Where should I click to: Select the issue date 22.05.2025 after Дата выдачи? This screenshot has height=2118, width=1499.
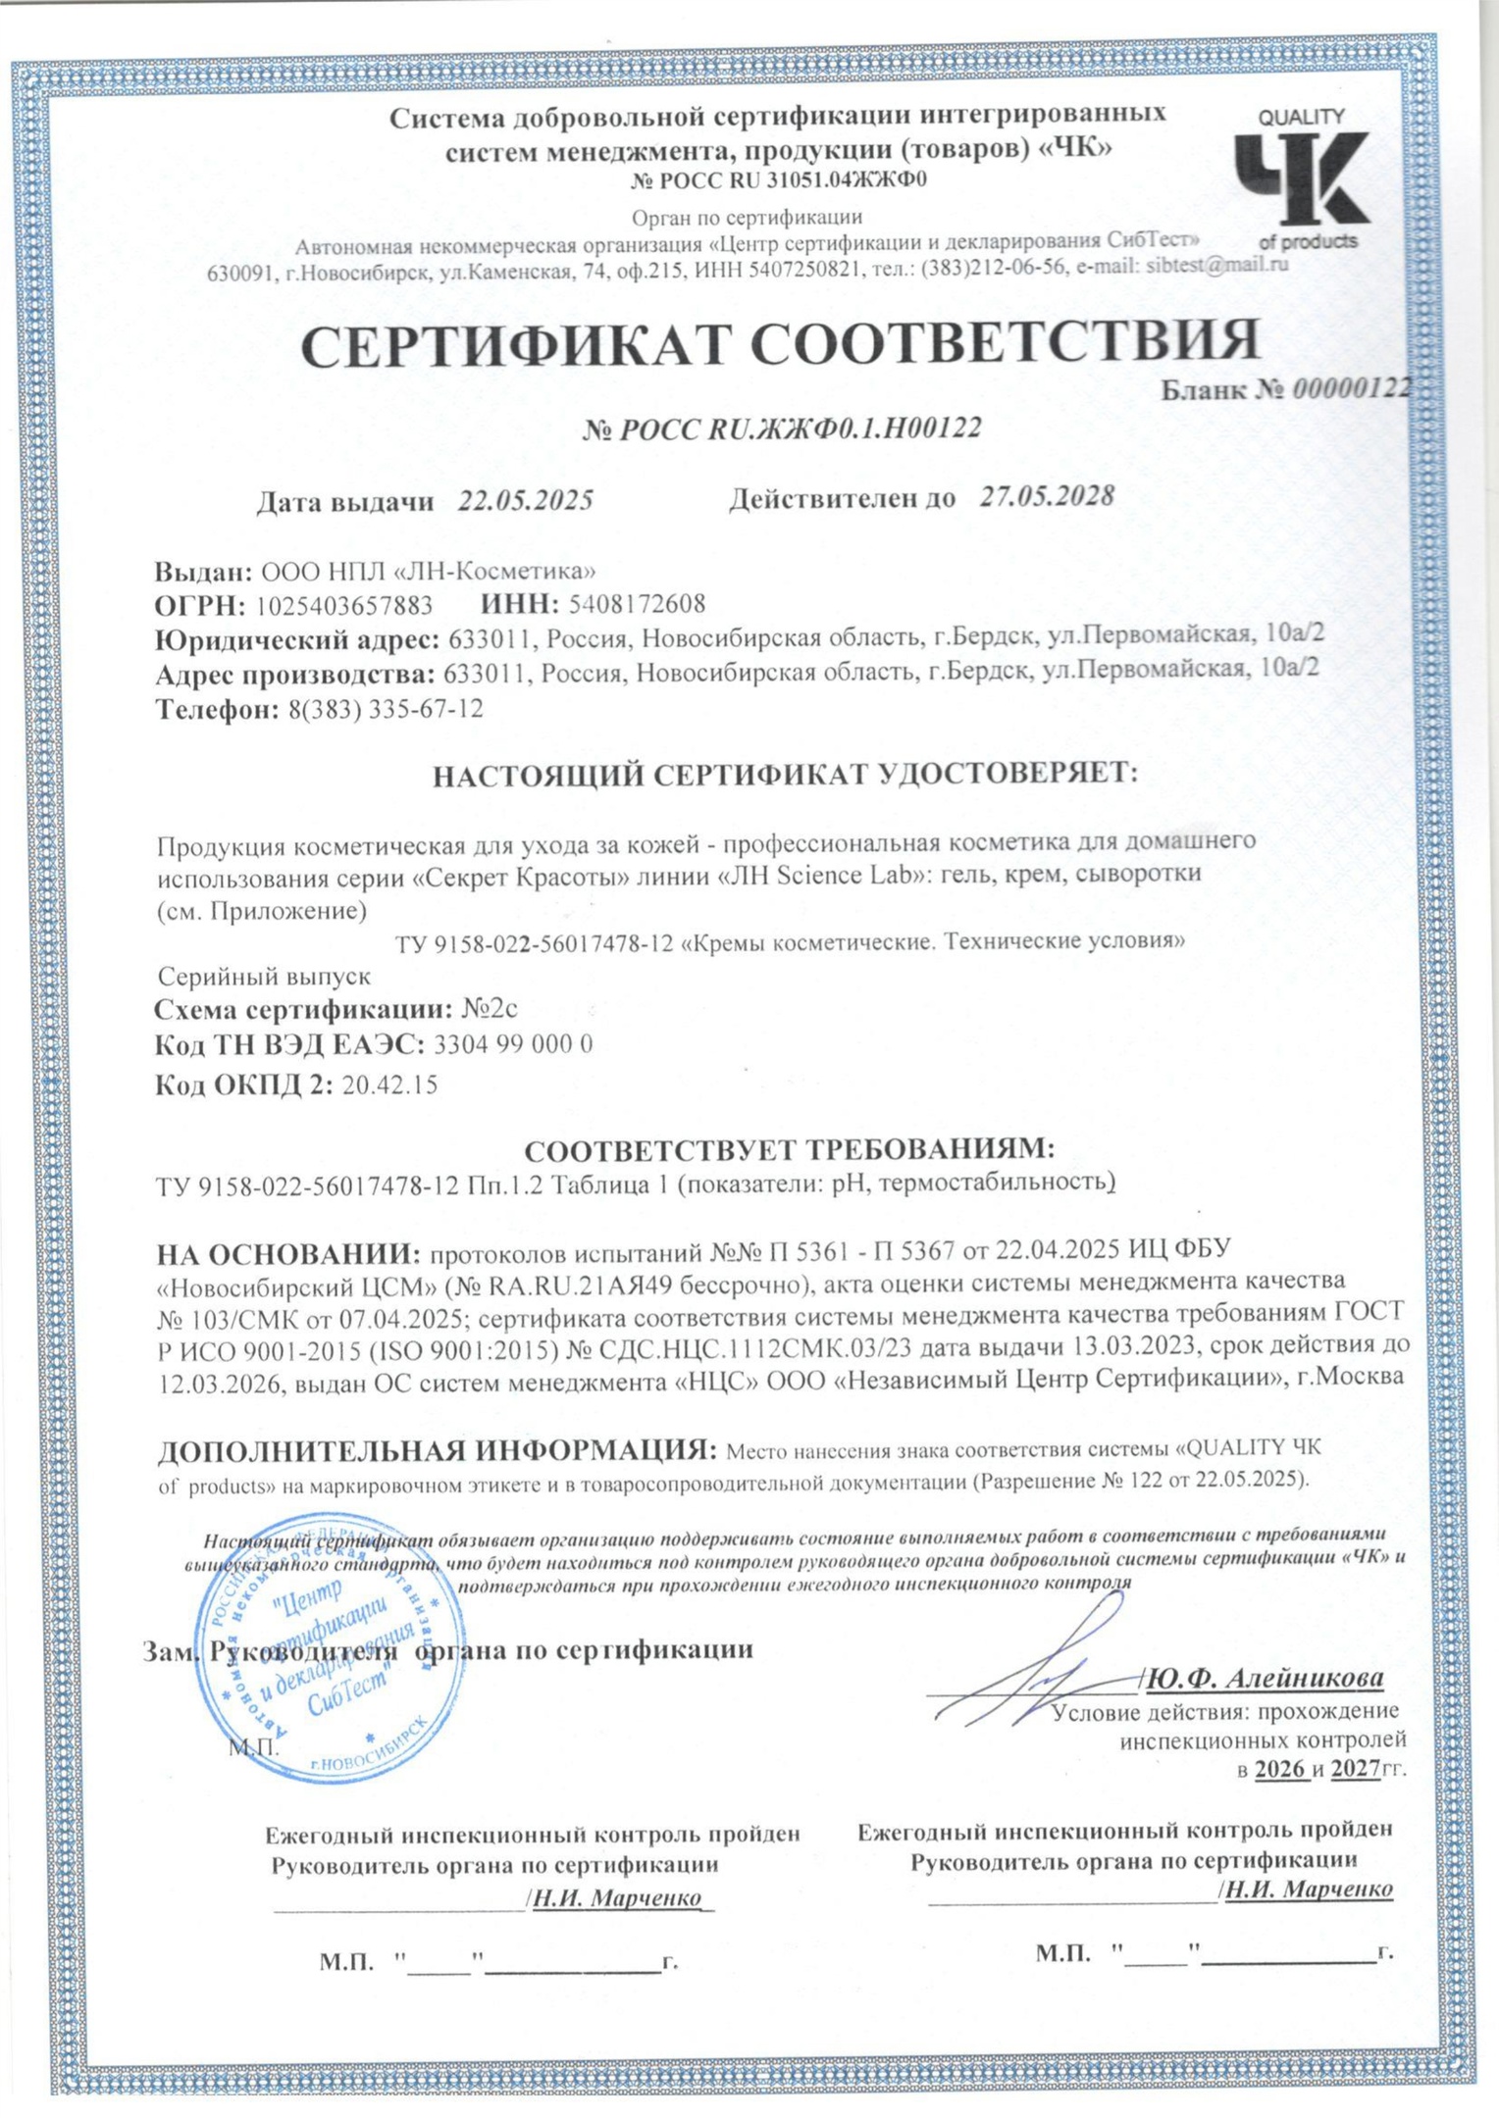(x=526, y=501)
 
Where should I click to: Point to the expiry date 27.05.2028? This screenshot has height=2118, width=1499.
(x=1047, y=496)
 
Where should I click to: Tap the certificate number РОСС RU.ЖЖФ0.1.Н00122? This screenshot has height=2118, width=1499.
(x=797, y=429)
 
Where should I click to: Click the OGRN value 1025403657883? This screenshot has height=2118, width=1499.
(x=344, y=604)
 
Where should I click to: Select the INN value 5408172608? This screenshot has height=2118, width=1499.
(x=637, y=603)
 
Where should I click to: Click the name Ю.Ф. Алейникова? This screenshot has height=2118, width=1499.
(x=1265, y=1678)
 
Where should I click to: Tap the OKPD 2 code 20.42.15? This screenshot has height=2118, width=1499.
(x=389, y=1085)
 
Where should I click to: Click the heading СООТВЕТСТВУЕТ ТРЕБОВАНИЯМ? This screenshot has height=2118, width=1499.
(x=789, y=1149)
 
